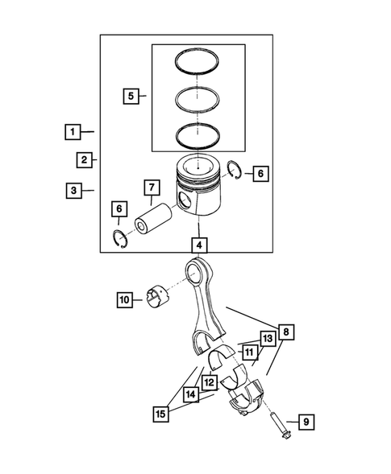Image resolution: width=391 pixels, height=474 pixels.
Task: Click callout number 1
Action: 73,131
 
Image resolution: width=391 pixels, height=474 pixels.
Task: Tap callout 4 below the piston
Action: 198,243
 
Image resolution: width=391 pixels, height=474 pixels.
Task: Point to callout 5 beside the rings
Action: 130,97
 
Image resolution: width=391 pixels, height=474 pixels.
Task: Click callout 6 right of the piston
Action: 258,173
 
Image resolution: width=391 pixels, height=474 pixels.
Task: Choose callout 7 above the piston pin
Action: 151,188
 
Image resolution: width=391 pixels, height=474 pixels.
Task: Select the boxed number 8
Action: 286,332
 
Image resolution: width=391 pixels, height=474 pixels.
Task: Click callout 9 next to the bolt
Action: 307,422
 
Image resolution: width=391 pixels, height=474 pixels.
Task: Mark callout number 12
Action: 208,383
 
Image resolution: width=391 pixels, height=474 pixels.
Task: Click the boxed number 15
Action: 161,414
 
